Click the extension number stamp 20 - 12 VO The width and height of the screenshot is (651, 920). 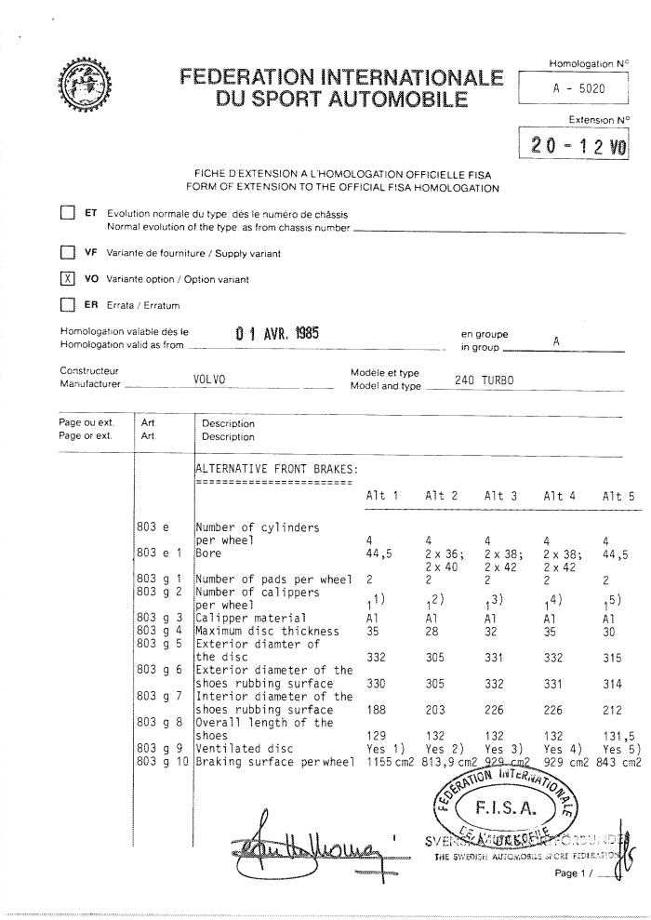tap(578, 145)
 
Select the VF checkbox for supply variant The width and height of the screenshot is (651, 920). tap(66, 251)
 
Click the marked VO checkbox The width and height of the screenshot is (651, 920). tap(66, 278)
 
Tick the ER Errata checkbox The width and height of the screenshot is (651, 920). tap(66, 304)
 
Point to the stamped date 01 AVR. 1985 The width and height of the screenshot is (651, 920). tap(276, 333)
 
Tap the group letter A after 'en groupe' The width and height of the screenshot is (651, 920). tap(555, 342)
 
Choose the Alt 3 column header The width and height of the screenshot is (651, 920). tap(500, 497)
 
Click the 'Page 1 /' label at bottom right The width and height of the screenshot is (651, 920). tap(576, 873)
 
